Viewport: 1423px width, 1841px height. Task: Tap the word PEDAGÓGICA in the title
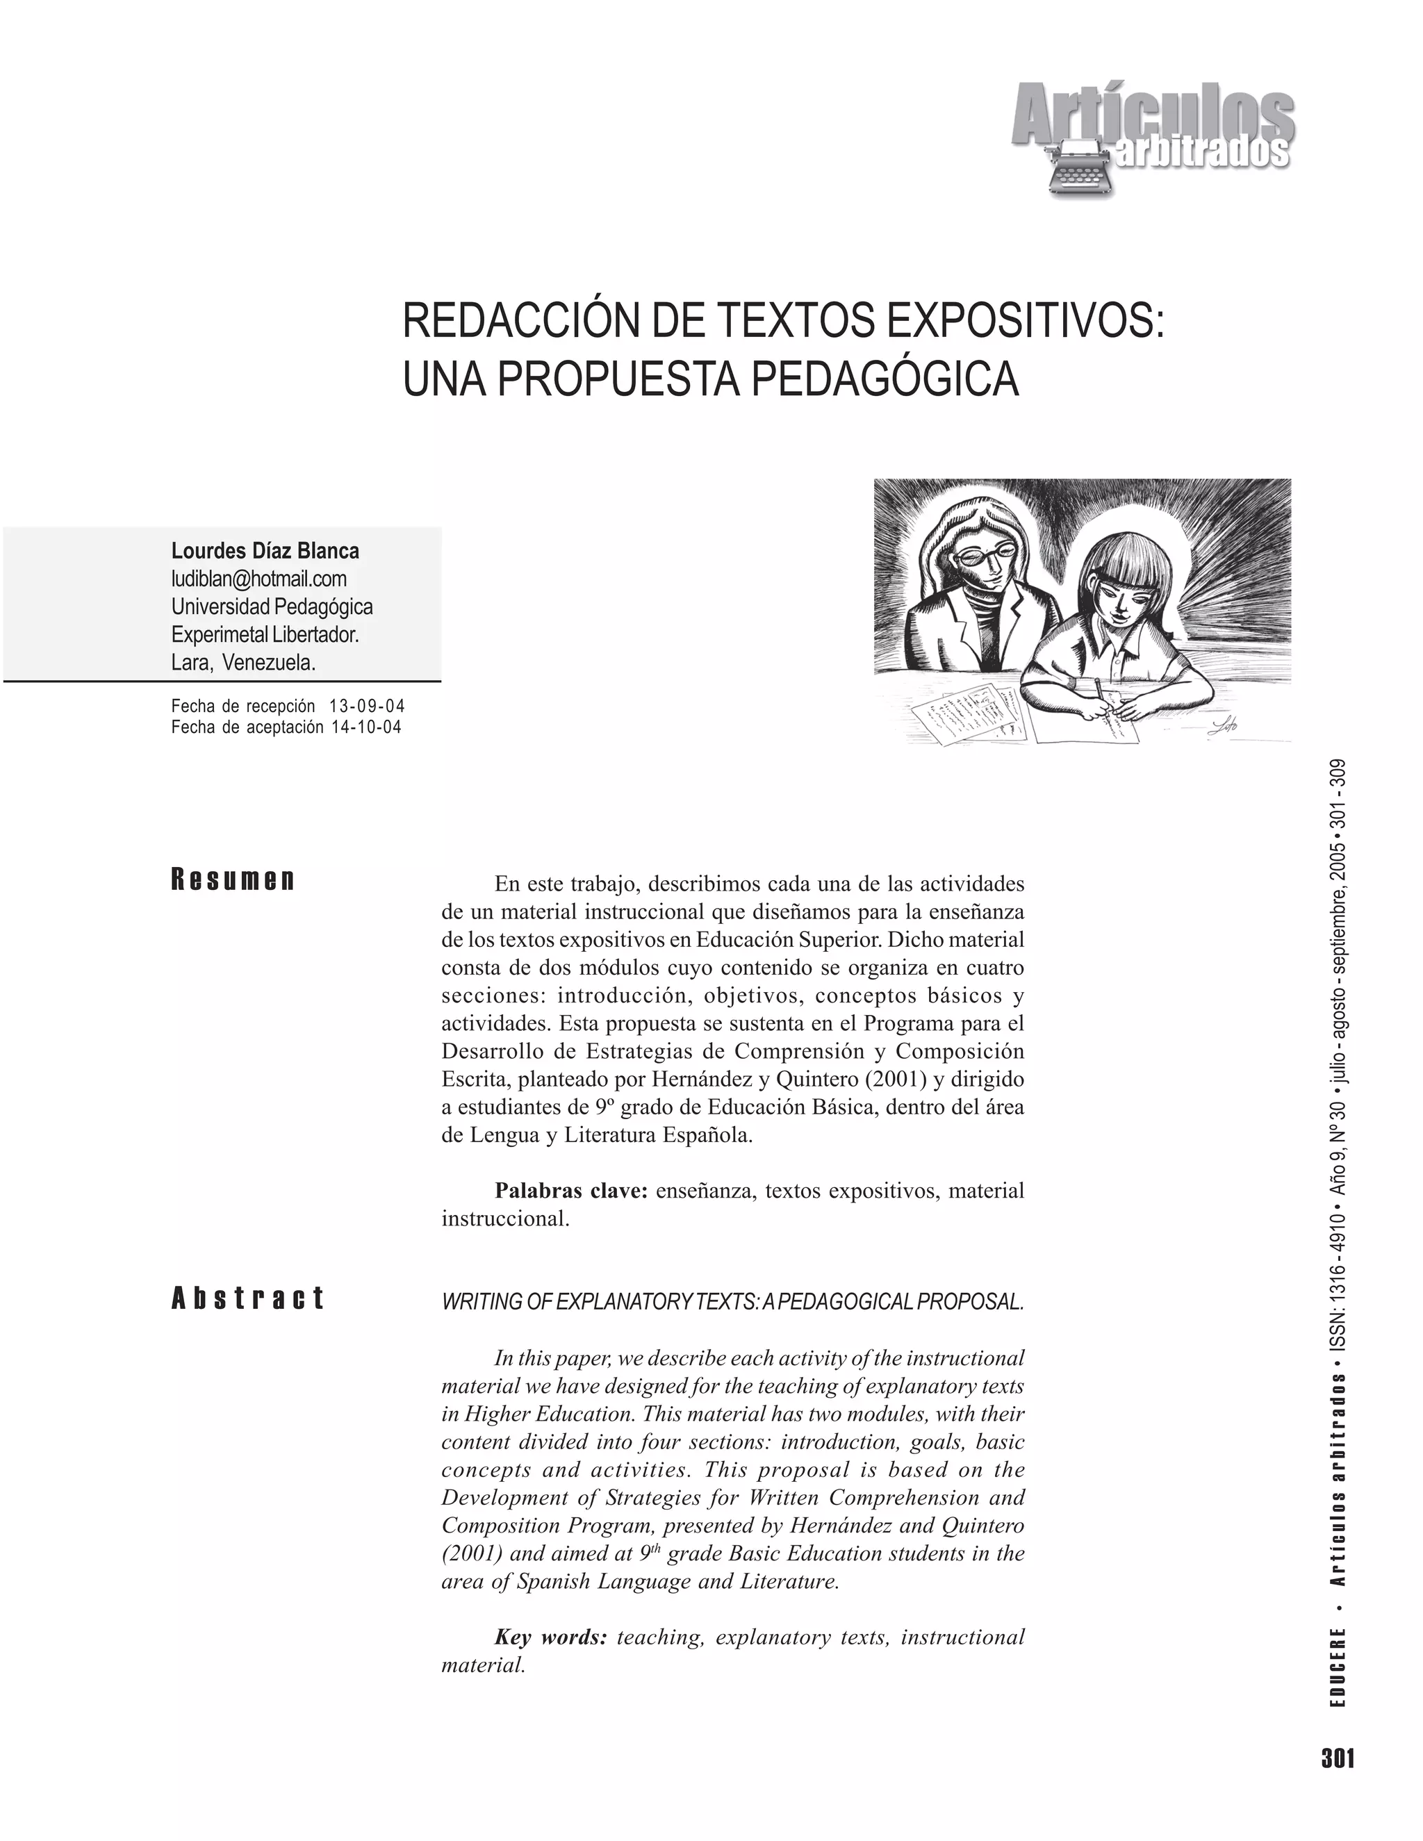885,379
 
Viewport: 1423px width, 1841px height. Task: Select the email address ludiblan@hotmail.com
258,579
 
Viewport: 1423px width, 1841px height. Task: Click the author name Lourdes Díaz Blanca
265,552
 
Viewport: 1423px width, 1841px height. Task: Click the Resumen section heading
233,880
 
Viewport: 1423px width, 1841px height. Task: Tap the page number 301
1338,1758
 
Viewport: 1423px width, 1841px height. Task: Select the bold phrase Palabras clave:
570,1191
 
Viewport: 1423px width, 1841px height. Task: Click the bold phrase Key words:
550,1637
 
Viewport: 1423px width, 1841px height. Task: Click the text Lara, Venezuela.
244,663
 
